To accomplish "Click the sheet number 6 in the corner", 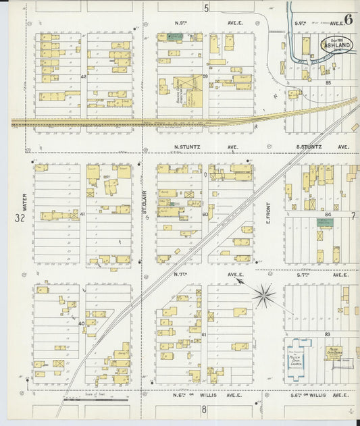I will tap(348, 18).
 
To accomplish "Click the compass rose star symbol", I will tap(263, 295).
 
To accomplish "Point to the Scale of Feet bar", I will tap(95, 399).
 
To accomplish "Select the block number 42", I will tap(84, 77).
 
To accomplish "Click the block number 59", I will tap(205, 77).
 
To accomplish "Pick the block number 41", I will tap(82, 214).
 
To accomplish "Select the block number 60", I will tap(205, 214).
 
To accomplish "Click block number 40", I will tap(82, 323).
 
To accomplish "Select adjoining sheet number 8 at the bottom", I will tap(203, 409).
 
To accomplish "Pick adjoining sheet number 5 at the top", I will tap(207, 8).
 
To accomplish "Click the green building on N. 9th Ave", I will tap(163, 37).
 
